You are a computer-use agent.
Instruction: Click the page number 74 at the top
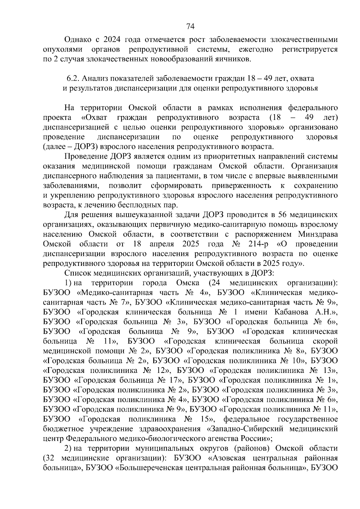[190, 27]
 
